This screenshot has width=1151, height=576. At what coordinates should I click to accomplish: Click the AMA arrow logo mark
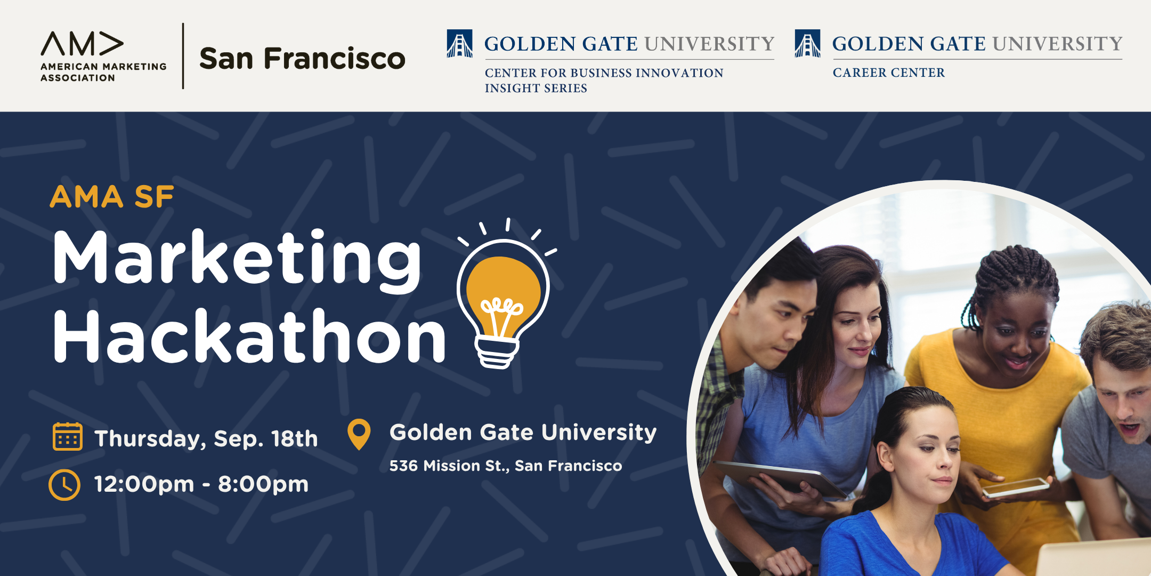pyautogui.click(x=82, y=44)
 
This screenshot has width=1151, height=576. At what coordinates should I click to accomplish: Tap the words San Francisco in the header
pyautogui.click(x=302, y=58)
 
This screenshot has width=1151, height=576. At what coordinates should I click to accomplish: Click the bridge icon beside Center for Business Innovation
pyautogui.click(x=459, y=43)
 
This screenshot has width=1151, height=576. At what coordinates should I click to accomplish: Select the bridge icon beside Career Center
pyautogui.click(x=807, y=43)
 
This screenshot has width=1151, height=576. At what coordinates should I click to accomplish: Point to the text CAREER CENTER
pyautogui.click(x=889, y=73)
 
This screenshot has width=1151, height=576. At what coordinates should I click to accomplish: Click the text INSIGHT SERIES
pyautogui.click(x=536, y=88)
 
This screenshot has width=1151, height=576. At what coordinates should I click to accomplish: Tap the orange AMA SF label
pyautogui.click(x=112, y=197)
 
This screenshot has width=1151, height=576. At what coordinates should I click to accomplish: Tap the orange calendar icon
pyautogui.click(x=68, y=436)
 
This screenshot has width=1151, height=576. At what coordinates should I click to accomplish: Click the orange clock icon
pyautogui.click(x=64, y=485)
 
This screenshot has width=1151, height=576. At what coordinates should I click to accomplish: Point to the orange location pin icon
pyautogui.click(x=359, y=434)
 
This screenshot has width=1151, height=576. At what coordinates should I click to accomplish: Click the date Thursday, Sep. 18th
pyautogui.click(x=206, y=439)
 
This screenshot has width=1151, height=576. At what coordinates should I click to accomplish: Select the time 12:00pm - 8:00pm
pyautogui.click(x=201, y=484)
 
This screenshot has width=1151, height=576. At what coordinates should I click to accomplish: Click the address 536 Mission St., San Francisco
pyautogui.click(x=506, y=466)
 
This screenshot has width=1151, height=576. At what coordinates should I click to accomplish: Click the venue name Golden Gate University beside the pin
pyautogui.click(x=523, y=432)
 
